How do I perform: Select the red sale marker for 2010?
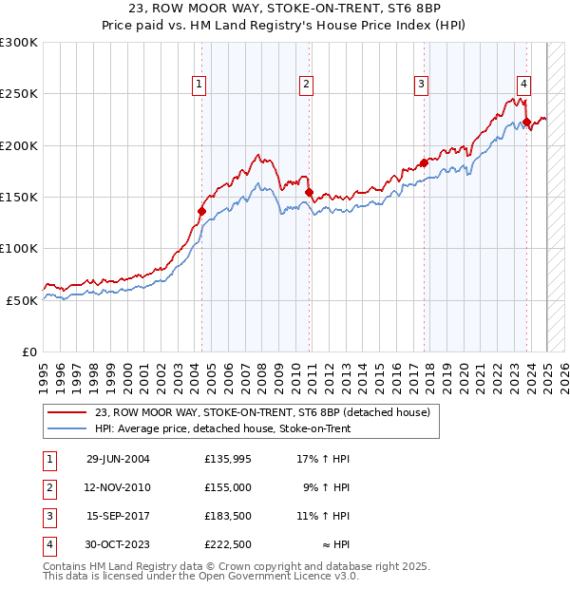[x=310, y=193]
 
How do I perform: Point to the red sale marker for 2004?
[x=201, y=211]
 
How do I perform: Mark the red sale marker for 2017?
[x=424, y=163]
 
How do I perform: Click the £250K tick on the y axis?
[x=19, y=94]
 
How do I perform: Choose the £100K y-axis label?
[x=19, y=248]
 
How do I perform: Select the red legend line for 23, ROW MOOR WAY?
[x=68, y=412]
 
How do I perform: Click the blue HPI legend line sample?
[x=68, y=429]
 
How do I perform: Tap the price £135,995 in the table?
[x=228, y=460]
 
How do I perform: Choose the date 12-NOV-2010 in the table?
[x=119, y=487]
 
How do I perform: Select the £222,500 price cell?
[x=228, y=544]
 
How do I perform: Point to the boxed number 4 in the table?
[x=48, y=544]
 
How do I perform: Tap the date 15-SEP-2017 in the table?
[x=119, y=516]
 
